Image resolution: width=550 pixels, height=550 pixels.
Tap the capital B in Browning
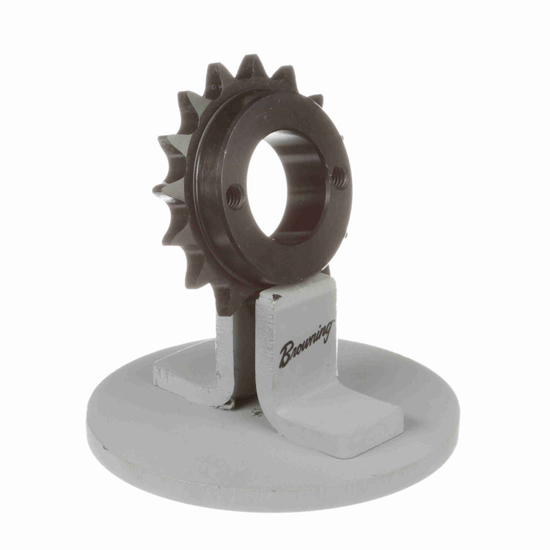point(287,353)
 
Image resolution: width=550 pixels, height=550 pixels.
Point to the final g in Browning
point(327,331)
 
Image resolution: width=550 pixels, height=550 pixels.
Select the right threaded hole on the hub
point(340,177)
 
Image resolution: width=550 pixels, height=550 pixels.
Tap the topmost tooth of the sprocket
point(251,67)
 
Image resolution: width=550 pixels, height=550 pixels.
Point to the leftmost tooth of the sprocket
point(165,191)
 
